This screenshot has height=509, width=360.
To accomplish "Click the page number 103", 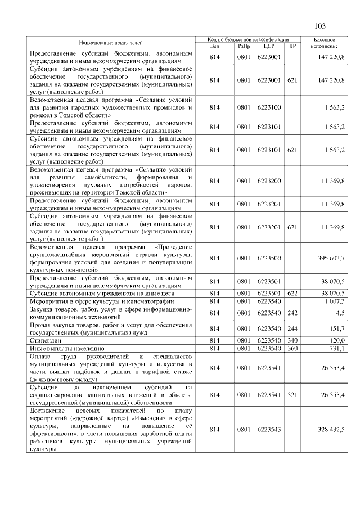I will point(320,26).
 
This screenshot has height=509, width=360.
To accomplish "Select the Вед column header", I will point(214,46).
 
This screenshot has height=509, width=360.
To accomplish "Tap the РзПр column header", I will point(244,46).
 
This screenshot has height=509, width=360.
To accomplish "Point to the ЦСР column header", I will point(268,46).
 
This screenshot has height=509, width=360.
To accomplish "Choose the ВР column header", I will point(291,46).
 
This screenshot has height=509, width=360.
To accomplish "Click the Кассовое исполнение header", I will point(326,43).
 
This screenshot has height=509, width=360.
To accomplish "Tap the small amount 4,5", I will point(341,313).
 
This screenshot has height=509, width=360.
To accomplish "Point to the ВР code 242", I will point(291,313).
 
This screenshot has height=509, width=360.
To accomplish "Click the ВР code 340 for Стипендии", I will point(291,340).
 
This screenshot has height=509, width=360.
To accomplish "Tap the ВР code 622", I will point(291,293).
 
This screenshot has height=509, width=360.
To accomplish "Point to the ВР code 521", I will point(291,395).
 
